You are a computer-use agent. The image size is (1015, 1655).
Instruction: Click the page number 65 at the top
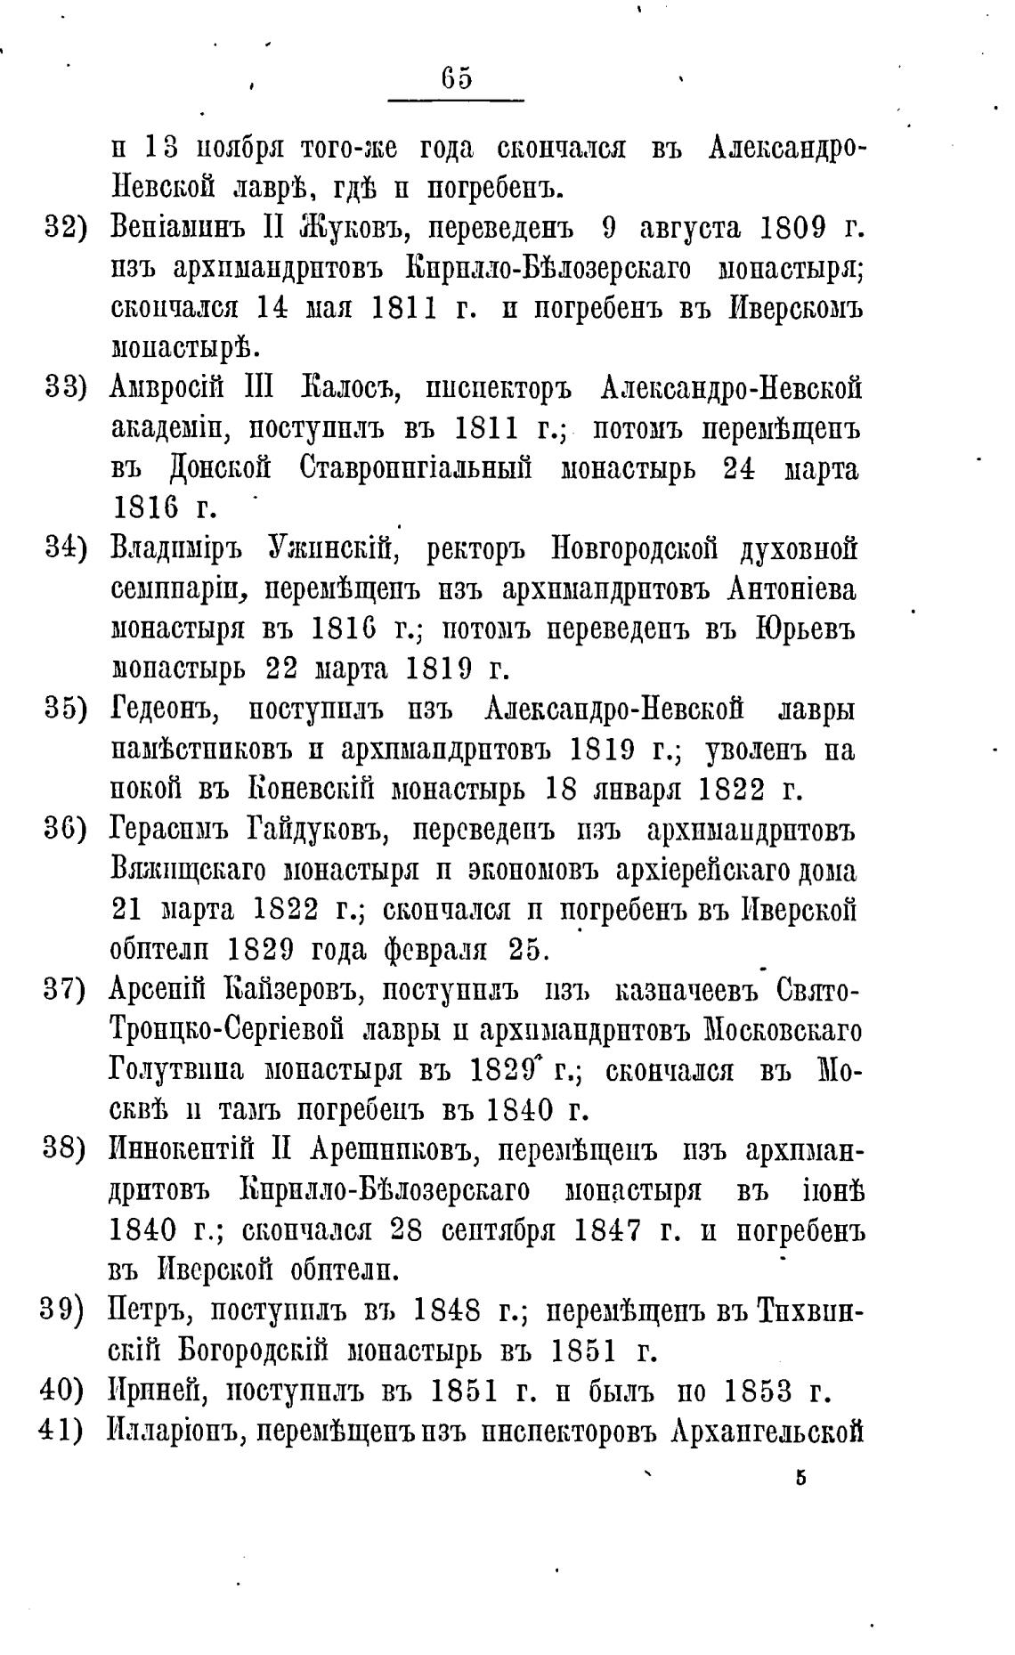click(x=457, y=79)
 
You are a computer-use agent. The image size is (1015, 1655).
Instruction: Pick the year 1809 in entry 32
click(x=795, y=228)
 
